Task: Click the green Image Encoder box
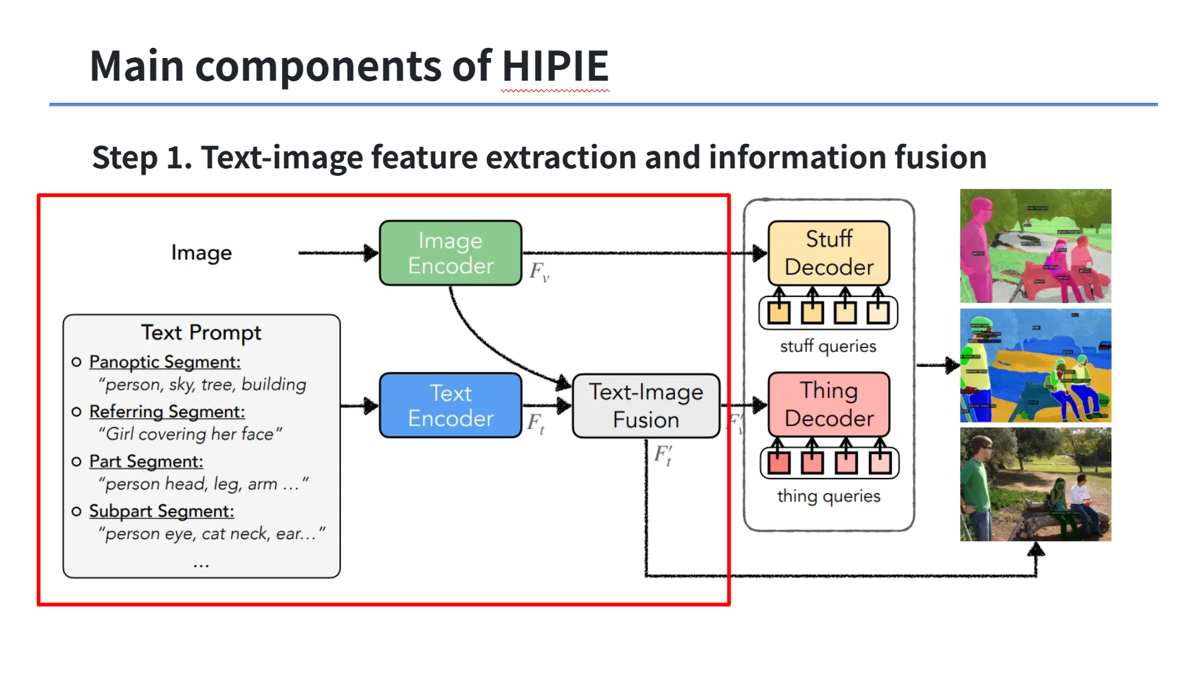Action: point(450,253)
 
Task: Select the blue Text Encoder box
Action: point(450,405)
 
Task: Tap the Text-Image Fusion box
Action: point(645,405)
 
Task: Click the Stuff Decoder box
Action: point(828,253)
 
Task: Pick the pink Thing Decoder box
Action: point(828,404)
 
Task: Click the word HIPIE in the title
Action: point(555,66)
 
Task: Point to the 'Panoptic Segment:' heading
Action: point(165,362)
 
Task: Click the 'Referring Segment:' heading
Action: point(167,412)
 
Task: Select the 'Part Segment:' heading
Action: point(146,462)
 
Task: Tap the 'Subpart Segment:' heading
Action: point(161,511)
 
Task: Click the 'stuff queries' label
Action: point(828,346)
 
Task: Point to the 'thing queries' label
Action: point(828,496)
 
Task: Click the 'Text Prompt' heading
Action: point(201,332)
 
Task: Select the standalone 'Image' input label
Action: point(201,253)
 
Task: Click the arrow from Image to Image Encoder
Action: point(337,253)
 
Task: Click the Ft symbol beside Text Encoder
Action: point(536,423)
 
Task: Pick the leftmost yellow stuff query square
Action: point(779,312)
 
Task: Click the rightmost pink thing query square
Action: point(879,463)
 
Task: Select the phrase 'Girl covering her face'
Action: point(190,434)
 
